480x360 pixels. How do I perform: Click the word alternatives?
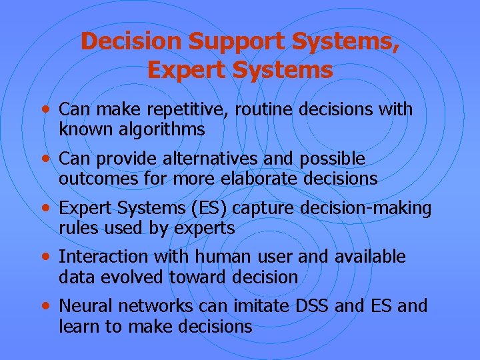(x=195, y=159)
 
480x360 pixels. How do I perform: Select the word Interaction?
(x=103, y=257)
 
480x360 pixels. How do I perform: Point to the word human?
(x=210, y=257)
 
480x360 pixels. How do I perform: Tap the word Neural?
(x=83, y=306)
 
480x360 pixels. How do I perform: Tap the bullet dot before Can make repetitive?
(x=45, y=109)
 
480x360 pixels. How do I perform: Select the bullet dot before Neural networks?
(x=45, y=306)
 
